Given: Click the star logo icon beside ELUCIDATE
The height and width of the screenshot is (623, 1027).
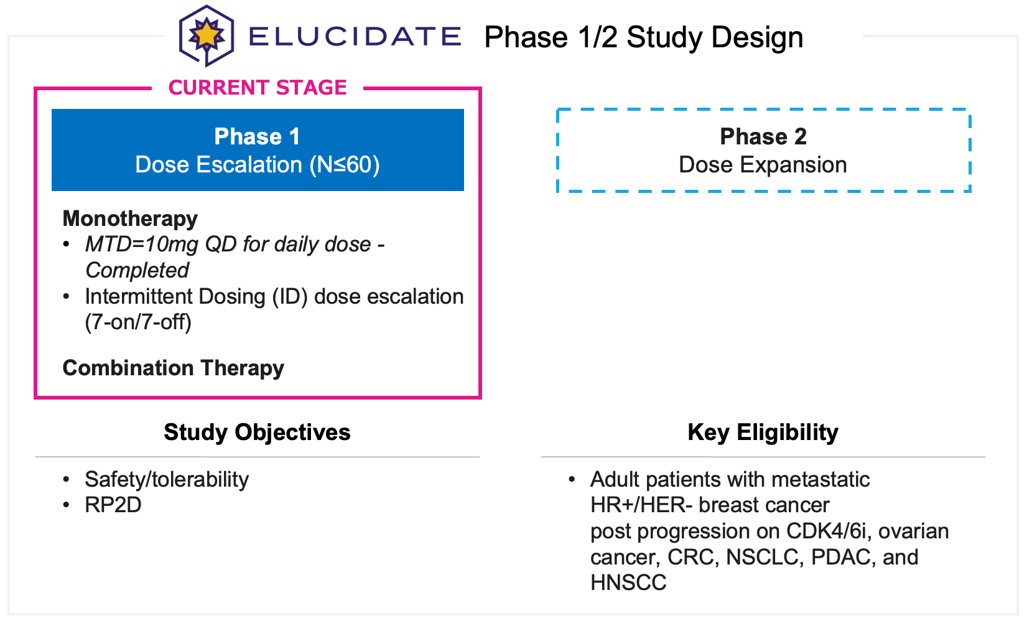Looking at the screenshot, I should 207,35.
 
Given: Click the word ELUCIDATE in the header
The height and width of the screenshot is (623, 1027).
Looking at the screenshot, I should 355,37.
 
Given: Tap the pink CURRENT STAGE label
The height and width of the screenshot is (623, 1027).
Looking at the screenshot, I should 258,88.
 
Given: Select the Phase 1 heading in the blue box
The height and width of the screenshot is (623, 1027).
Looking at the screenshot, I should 257,136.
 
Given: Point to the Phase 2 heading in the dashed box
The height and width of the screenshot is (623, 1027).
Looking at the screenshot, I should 763,136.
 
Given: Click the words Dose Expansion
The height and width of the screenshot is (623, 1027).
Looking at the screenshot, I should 763,165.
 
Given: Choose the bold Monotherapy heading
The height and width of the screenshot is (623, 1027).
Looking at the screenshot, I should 130,218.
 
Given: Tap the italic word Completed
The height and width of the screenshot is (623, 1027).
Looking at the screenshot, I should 137,271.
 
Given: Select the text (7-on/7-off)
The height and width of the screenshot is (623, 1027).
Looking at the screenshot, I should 138,322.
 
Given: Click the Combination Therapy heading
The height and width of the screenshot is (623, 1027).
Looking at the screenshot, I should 173,368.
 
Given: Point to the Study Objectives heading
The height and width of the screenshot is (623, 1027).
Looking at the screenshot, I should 257,433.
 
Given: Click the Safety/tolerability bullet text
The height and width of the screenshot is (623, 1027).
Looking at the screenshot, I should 167,480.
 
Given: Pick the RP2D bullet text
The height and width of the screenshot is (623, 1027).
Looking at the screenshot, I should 113,505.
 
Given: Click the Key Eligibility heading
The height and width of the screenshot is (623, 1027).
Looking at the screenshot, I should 763,433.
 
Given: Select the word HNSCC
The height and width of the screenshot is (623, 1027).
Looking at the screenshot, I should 628,583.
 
